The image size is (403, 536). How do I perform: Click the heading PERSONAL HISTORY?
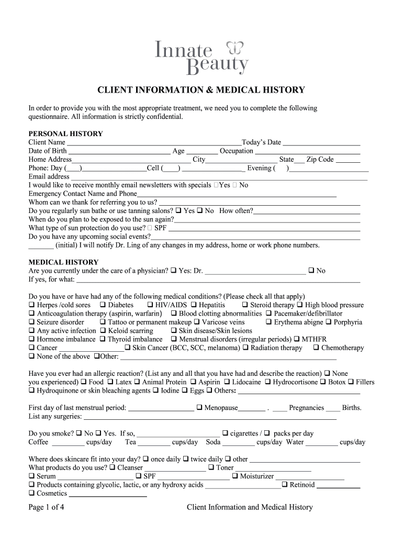point(65,133)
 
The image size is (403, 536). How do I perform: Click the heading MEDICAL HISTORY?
point(63,262)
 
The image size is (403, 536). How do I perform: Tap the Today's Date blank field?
point(321,143)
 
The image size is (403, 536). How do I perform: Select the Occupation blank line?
point(307,151)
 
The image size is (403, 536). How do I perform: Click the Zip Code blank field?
point(348,160)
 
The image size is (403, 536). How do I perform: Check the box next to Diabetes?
point(103,305)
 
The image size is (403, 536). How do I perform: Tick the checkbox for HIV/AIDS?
point(150,305)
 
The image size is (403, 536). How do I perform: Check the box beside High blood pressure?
point(300,305)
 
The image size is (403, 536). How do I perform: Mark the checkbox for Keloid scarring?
point(103,331)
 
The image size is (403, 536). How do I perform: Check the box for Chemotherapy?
point(316,348)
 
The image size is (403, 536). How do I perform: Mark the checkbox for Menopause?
point(199,408)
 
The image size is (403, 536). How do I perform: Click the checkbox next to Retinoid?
point(285,485)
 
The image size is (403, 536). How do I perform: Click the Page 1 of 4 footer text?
point(47,507)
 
